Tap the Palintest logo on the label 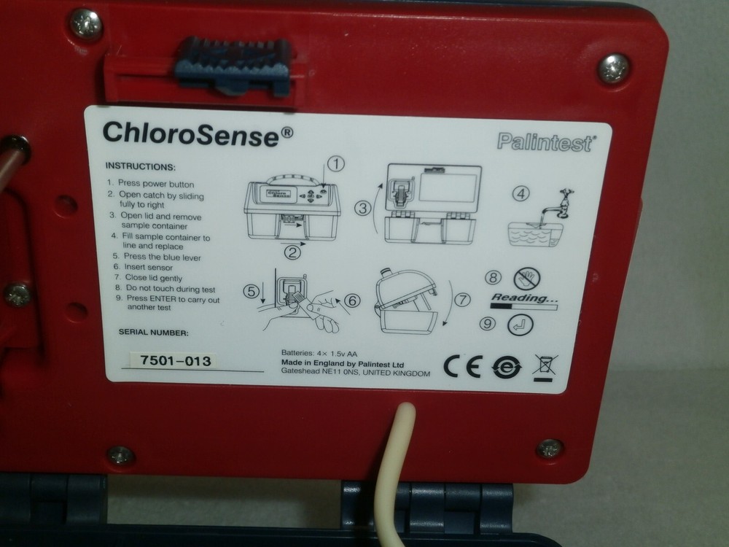click(x=545, y=142)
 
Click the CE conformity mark click(x=462, y=367)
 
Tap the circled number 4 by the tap click(x=520, y=194)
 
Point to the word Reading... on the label click(x=523, y=298)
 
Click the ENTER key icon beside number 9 click(x=521, y=325)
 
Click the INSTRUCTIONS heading click(x=140, y=166)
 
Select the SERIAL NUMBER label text click(x=153, y=333)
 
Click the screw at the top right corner click(x=614, y=69)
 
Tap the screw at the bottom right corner click(x=549, y=449)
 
